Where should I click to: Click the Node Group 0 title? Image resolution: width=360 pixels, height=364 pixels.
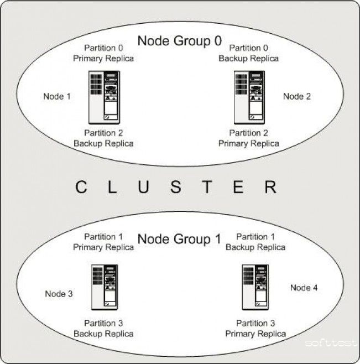(180, 41)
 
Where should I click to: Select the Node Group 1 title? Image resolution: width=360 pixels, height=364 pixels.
(179, 239)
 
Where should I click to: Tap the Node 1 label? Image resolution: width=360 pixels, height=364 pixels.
(57, 96)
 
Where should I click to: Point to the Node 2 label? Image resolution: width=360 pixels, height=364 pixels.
(297, 96)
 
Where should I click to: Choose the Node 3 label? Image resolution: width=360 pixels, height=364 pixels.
(59, 294)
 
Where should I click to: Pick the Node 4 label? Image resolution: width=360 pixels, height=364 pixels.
(304, 288)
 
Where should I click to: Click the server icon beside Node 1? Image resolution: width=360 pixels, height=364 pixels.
(104, 97)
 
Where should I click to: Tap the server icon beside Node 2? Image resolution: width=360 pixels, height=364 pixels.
(249, 97)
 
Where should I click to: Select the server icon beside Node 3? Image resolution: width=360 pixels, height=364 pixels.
(105, 288)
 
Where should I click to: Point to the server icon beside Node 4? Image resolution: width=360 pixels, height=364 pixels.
(255, 288)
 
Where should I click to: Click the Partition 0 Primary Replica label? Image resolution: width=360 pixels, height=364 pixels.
(103, 53)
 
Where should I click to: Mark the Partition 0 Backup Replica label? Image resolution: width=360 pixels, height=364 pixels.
(249, 53)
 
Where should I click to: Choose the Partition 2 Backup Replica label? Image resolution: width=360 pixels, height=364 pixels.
(103, 138)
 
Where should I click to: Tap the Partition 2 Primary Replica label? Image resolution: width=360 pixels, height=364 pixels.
(249, 138)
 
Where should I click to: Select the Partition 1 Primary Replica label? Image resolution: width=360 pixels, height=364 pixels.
(103, 242)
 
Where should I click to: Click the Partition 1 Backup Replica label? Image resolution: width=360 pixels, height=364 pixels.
(255, 242)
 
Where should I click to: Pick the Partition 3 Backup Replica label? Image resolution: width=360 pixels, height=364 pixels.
(103, 329)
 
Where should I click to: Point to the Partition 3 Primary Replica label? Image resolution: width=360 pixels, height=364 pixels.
(255, 329)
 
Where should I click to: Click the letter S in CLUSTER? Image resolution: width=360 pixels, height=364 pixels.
(176, 187)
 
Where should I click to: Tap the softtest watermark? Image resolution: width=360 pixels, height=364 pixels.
(331, 343)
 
